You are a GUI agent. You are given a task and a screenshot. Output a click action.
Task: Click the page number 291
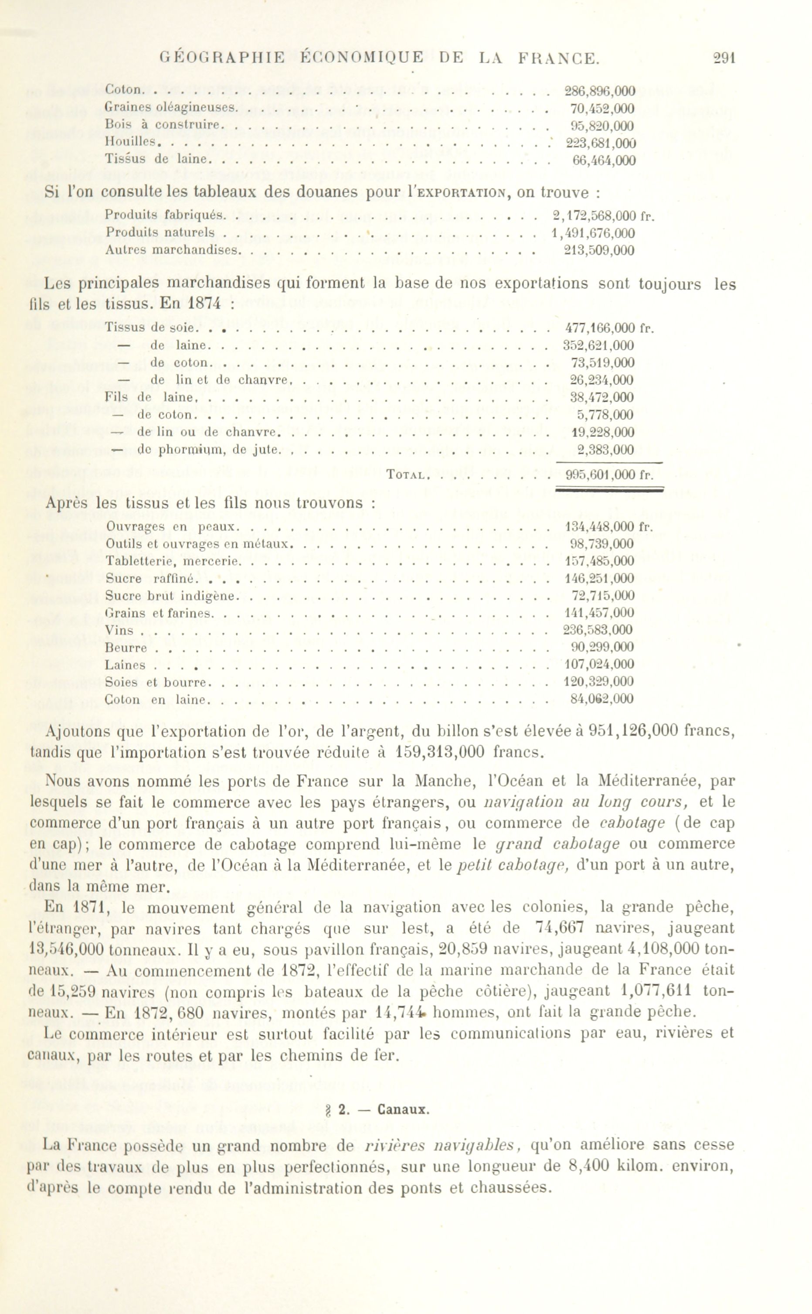pos(724,58)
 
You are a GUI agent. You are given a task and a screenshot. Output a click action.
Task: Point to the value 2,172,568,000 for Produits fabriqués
pos(595,216)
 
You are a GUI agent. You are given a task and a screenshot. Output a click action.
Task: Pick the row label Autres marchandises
pos(171,250)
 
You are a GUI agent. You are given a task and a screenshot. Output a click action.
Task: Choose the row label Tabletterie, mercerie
pos(171,561)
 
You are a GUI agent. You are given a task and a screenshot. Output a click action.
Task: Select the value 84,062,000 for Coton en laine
pos(601,699)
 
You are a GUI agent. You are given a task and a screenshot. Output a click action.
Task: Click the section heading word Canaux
pos(403,1110)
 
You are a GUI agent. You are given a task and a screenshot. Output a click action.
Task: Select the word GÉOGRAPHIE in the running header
pos(223,58)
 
